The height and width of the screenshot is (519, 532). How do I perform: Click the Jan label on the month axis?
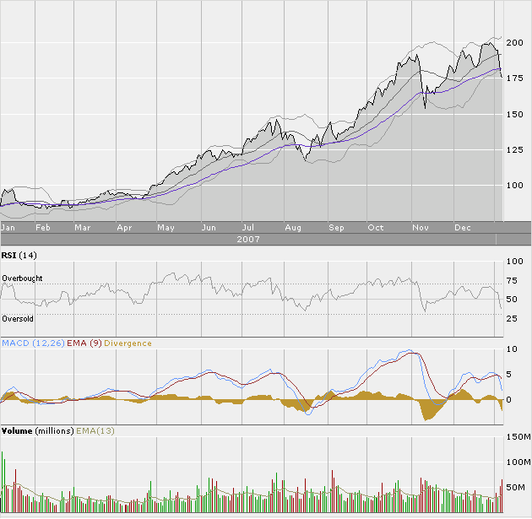pyautogui.click(x=9, y=228)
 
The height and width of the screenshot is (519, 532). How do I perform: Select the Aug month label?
pyautogui.click(x=293, y=228)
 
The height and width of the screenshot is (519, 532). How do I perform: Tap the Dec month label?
pyautogui.click(x=462, y=228)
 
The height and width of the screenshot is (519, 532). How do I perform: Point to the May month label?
pyautogui.click(x=166, y=228)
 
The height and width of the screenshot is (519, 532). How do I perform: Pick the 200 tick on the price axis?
pyautogui.click(x=514, y=42)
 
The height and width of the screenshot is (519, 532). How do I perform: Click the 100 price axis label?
pyautogui.click(x=514, y=186)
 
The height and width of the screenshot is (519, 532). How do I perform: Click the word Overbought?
pyautogui.click(x=22, y=278)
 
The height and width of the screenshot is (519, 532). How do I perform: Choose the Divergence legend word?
pyautogui.click(x=129, y=343)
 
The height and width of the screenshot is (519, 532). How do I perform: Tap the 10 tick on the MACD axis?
pyautogui.click(x=512, y=348)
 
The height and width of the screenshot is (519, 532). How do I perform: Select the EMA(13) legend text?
pyautogui.click(x=95, y=430)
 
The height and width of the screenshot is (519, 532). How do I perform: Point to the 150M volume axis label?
pyautogui.click(x=516, y=437)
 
